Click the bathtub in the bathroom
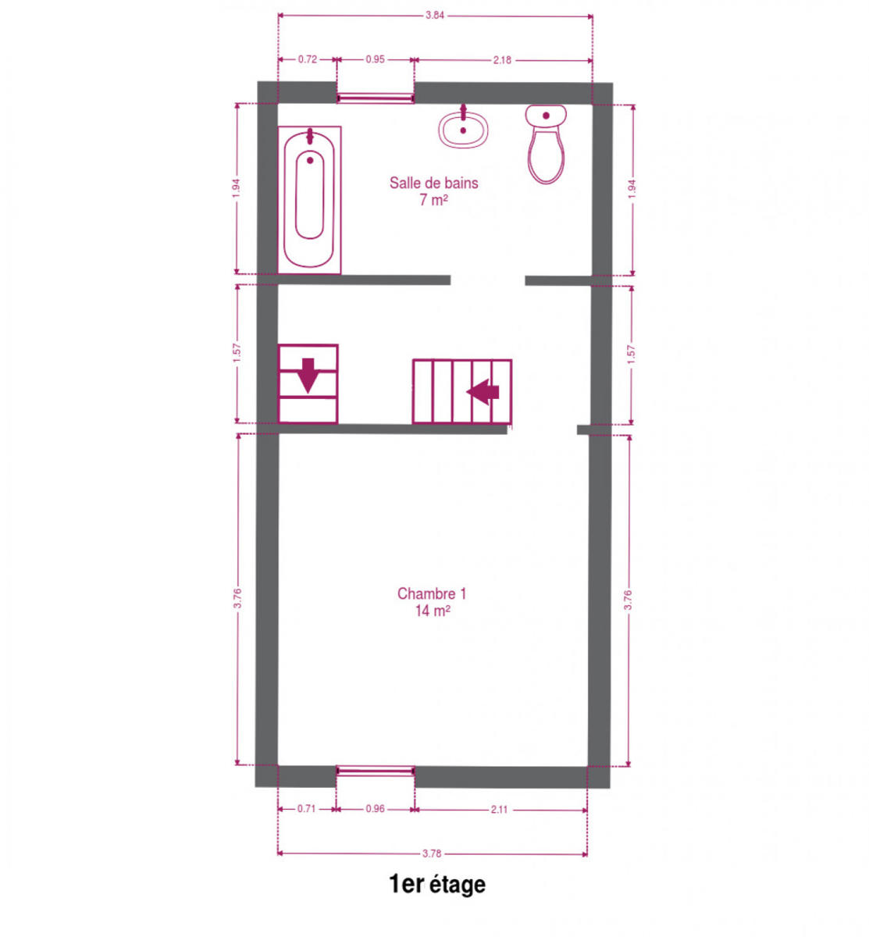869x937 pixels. pos(309,200)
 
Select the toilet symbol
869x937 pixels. pos(546,144)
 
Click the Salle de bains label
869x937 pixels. pos(433,183)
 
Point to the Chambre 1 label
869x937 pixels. pos(432,593)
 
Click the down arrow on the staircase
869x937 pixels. pos(308,375)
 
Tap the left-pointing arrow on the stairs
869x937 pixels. pos(483,392)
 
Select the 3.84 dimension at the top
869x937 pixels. pos(434,15)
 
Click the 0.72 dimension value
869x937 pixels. pos(307,59)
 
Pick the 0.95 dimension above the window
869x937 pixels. pos(375,59)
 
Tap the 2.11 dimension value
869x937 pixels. pos(499,810)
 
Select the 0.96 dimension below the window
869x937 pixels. pos(375,809)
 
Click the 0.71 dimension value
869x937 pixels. pos(306,809)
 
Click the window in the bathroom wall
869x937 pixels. pos(375,98)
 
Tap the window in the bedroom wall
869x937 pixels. pos(375,771)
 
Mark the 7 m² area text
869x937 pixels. pos(433,200)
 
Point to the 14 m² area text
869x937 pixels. pos(432,611)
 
